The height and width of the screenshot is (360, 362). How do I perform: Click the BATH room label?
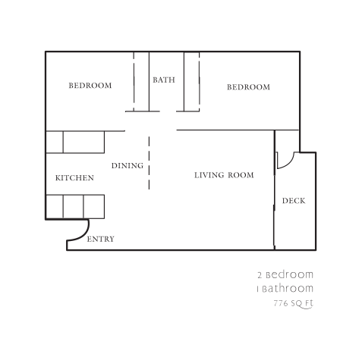[x=164, y=80]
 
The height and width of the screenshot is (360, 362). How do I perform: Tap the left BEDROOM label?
[x=90, y=86]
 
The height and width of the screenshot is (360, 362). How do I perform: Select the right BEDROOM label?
[x=248, y=87]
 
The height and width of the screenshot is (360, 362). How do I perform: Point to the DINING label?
[x=127, y=165]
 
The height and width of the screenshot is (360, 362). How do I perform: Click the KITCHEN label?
[x=74, y=178]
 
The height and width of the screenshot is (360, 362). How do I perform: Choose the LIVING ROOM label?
[x=224, y=175]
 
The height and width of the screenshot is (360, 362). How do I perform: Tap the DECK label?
[x=294, y=201]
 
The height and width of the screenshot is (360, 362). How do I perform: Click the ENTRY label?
[x=101, y=239]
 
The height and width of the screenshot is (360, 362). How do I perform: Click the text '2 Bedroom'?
[x=285, y=274]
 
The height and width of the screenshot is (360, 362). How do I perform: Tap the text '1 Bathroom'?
[x=285, y=289]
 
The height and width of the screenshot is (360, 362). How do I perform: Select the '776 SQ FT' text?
[x=293, y=304]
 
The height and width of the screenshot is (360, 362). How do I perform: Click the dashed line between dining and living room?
[x=149, y=163]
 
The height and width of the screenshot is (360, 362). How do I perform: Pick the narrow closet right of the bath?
[x=191, y=81]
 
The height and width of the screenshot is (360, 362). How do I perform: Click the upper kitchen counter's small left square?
[x=54, y=142]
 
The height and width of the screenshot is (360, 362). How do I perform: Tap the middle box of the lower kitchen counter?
[x=73, y=206]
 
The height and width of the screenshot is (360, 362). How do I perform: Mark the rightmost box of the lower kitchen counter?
[x=93, y=206]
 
